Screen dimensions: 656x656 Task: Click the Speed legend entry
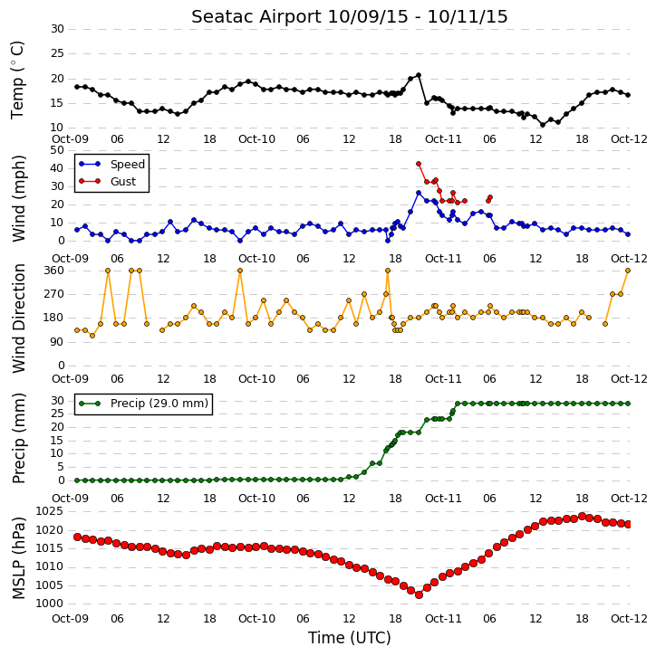[111, 164]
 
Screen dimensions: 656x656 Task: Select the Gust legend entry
[108, 181]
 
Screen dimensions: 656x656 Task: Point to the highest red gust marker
[419, 164]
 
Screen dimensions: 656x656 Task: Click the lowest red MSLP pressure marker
[419, 594]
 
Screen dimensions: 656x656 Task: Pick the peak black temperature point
[419, 75]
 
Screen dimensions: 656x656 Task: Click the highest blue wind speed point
[419, 193]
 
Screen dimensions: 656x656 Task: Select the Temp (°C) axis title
[17, 80]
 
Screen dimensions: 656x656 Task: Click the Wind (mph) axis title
[18, 198]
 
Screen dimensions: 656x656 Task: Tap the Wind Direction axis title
[18, 318]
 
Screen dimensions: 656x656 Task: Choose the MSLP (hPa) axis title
[18, 558]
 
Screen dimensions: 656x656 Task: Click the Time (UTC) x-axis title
[350, 638]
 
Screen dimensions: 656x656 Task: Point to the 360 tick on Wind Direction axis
[54, 271]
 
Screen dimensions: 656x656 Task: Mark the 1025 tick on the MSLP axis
[49, 511]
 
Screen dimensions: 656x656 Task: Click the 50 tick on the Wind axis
[57, 150]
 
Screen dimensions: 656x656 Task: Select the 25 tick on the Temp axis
[57, 53]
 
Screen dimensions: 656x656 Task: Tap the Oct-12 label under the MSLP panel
[629, 618]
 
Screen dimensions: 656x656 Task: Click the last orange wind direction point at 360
[628, 271]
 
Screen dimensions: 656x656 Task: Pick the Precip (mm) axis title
[18, 439]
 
